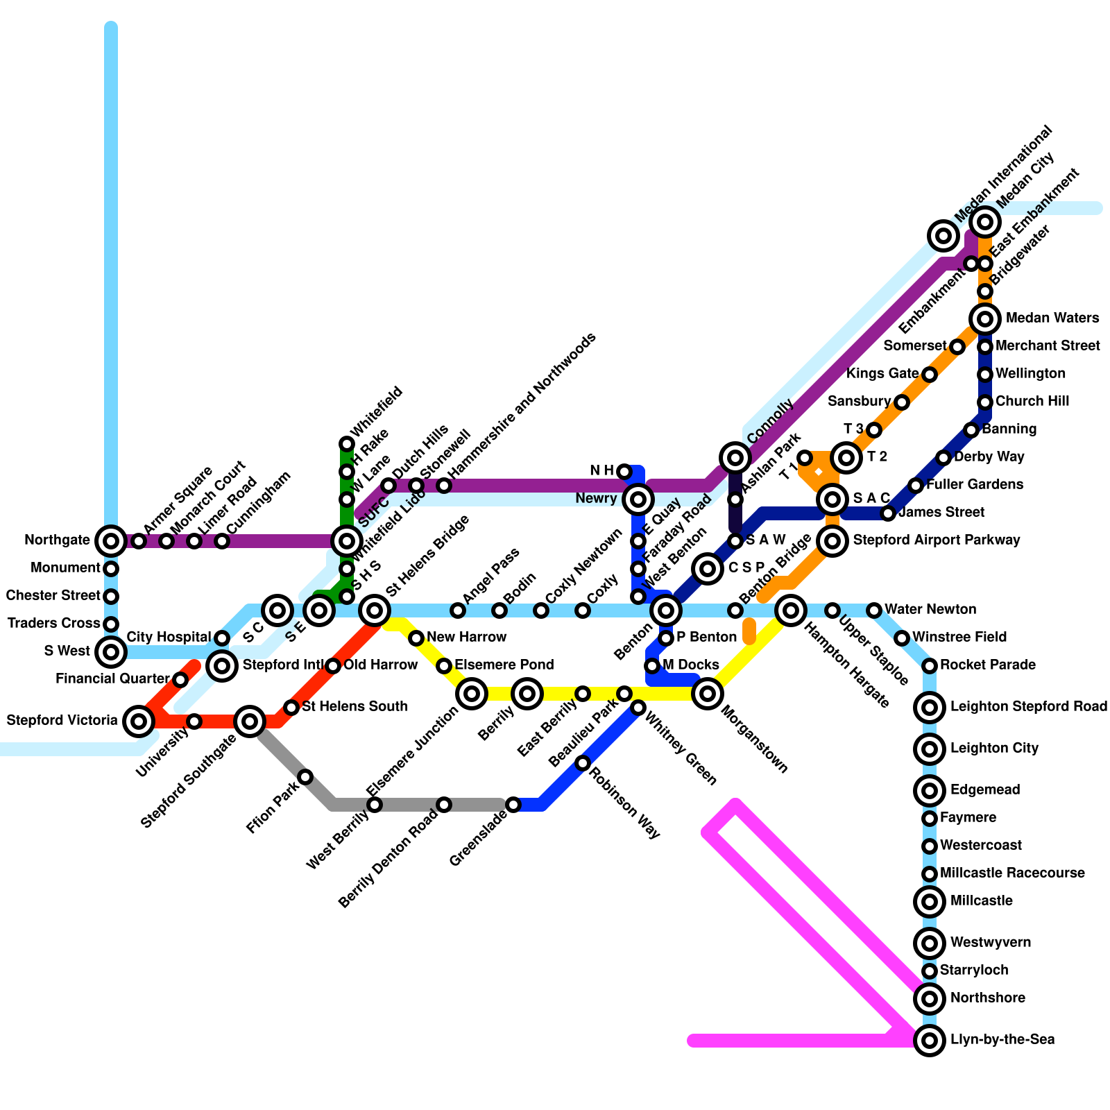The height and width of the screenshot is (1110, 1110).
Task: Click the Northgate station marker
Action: (x=110, y=540)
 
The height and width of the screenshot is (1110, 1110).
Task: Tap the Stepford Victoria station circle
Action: (x=139, y=721)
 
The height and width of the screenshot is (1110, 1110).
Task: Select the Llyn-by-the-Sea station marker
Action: (x=930, y=1040)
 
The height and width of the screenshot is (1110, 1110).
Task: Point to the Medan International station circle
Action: (x=943, y=236)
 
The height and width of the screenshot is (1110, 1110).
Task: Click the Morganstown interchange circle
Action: (x=708, y=693)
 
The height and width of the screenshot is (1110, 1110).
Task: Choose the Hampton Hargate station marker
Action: (x=790, y=610)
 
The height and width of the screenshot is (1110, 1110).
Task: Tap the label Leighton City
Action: (x=994, y=749)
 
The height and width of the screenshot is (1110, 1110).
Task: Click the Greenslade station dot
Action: (x=513, y=805)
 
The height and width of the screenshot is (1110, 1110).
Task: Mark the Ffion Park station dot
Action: (x=305, y=776)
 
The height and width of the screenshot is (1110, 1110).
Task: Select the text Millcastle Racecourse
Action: (x=1012, y=873)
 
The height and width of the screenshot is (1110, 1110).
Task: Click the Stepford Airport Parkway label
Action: (x=936, y=540)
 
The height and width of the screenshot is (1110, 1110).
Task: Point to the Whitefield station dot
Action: (x=347, y=444)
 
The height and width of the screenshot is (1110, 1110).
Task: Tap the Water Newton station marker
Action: (x=874, y=610)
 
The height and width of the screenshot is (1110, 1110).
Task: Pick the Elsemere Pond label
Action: (x=504, y=665)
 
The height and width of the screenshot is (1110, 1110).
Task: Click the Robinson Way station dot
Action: (x=583, y=763)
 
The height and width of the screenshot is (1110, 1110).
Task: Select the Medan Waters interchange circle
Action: (x=985, y=319)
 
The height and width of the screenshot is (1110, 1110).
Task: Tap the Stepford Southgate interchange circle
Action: (x=250, y=721)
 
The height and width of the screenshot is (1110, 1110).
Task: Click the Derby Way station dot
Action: (x=943, y=458)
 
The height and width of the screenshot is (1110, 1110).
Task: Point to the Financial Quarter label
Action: (x=112, y=679)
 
